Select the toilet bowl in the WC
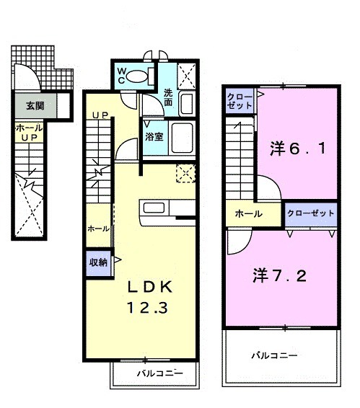tap(140, 76)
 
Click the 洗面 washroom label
tap(167, 98)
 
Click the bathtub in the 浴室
tap(182, 136)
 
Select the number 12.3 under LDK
tap(149, 309)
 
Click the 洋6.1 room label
tap(297, 148)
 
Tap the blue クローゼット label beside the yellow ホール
tap(311, 213)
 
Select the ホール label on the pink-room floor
tap(247, 214)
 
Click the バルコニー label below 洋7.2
tap(275, 355)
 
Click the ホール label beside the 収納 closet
tap(98, 229)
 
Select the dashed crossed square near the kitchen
tap(185, 174)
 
